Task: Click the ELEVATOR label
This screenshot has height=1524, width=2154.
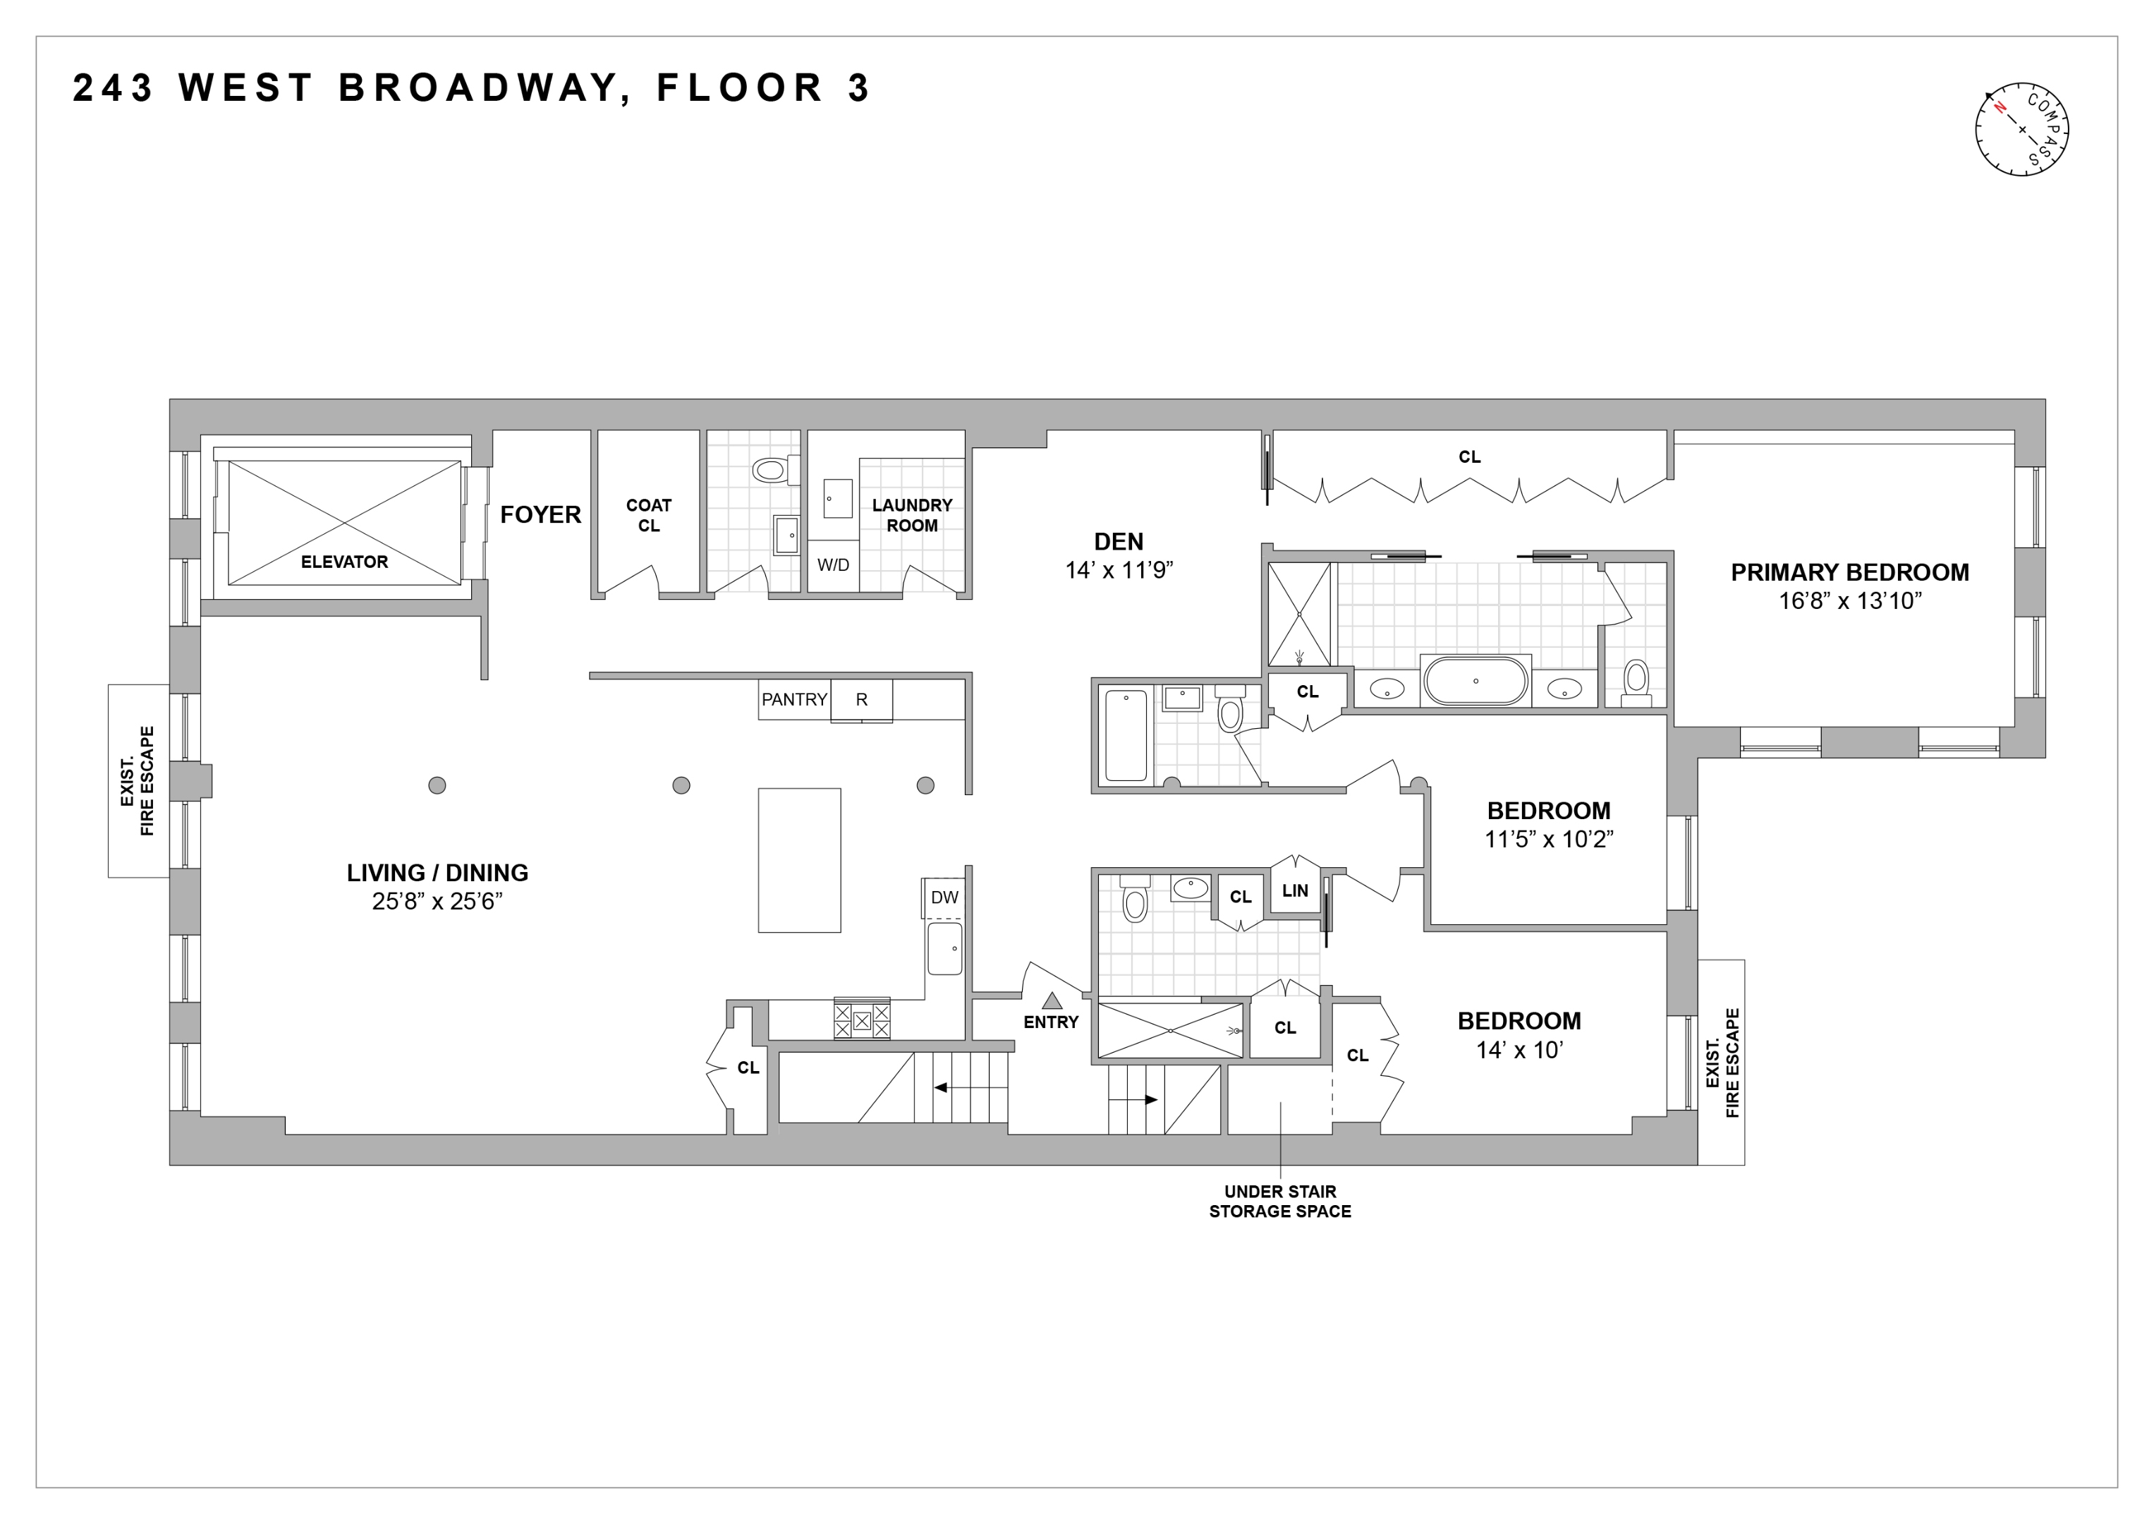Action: [344, 562]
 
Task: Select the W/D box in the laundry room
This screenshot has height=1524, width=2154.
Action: [833, 565]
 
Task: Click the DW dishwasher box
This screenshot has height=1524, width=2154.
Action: [944, 897]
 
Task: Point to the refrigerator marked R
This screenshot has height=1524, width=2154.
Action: [861, 700]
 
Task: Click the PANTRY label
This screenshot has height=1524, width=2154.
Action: [793, 700]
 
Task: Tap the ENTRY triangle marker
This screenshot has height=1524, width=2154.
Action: [1052, 1001]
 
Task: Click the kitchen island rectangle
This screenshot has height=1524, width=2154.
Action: [799, 859]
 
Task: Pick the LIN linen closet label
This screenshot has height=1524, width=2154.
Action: [1295, 890]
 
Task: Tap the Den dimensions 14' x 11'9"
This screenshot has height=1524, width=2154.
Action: [1119, 571]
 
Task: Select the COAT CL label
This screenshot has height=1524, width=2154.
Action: [648, 515]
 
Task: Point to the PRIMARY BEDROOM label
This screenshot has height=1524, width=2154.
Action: [1849, 572]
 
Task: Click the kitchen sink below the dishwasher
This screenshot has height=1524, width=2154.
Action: [944, 949]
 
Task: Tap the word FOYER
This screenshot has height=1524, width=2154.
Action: [540, 515]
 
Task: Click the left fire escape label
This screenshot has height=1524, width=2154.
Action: [139, 781]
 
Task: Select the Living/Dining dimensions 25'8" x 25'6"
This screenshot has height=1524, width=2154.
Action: [437, 902]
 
